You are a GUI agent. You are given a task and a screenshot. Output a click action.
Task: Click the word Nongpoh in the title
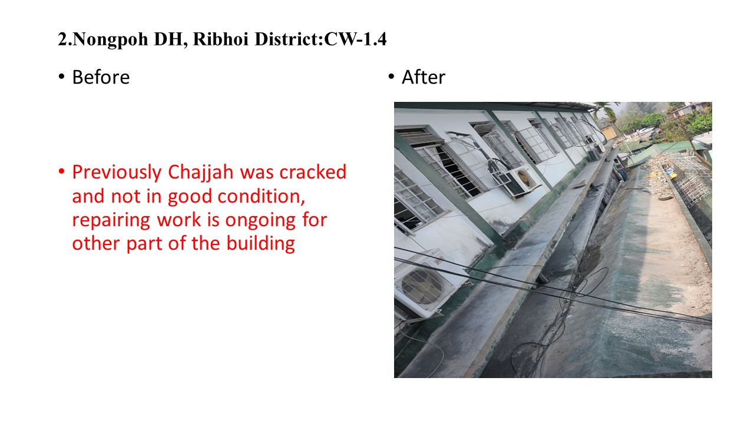coord(110,39)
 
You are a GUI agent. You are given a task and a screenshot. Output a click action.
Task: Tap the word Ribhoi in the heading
coord(221,39)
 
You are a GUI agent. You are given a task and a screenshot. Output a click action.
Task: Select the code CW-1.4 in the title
coord(355,39)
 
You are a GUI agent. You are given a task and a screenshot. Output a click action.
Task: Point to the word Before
coord(101,77)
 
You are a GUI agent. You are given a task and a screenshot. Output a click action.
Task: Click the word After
coord(424,77)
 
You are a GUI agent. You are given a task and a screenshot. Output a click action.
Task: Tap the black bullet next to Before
coord(61,77)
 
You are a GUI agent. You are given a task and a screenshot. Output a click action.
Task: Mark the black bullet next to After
coord(391,77)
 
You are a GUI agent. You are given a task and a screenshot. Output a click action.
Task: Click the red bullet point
coord(61,171)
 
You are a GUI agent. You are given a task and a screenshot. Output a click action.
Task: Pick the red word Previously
coord(117,173)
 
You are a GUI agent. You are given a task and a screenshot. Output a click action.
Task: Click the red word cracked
coord(313,172)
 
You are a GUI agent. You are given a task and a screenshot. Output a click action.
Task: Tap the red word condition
coord(261,196)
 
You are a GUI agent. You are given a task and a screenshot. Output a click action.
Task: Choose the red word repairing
coord(111,221)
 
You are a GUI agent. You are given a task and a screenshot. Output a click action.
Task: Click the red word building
coord(260,244)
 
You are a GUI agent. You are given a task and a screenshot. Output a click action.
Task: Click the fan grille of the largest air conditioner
coord(425,286)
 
